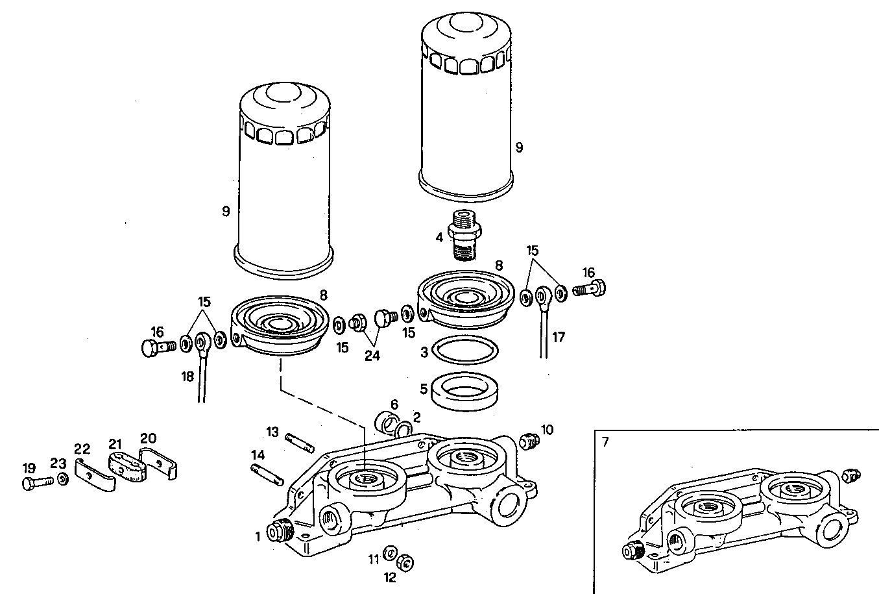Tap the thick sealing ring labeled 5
click(x=465, y=391)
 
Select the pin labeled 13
click(x=300, y=442)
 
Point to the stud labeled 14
click(x=266, y=472)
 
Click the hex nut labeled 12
click(x=403, y=562)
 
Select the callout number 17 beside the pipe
click(x=559, y=337)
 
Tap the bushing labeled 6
click(x=388, y=422)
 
